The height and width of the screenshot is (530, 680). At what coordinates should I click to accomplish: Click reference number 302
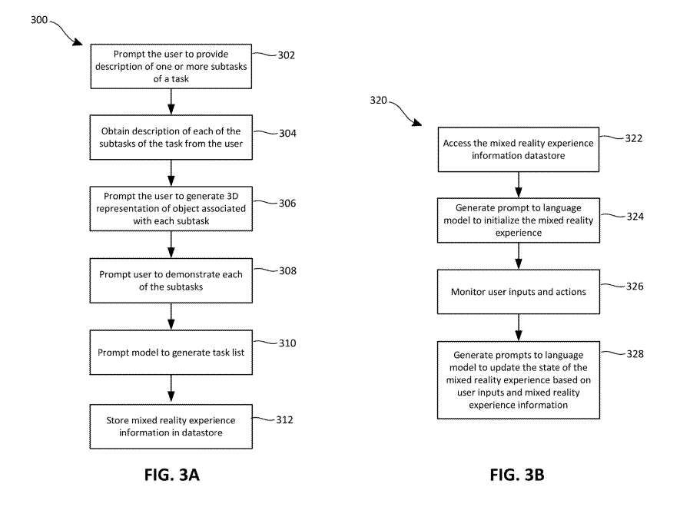click(x=287, y=55)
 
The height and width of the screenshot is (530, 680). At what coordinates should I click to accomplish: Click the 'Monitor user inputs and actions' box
click(x=518, y=291)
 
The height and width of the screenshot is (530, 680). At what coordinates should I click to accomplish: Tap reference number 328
click(x=635, y=354)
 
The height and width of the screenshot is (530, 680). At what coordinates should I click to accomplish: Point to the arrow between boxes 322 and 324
click(x=518, y=184)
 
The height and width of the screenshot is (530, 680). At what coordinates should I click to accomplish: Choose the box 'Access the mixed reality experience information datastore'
click(x=518, y=148)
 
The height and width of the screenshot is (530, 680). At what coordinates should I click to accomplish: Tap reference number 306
click(x=287, y=204)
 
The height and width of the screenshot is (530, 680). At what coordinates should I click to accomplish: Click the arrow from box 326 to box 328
click(x=518, y=328)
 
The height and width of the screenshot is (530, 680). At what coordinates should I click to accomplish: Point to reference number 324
click(x=635, y=216)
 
